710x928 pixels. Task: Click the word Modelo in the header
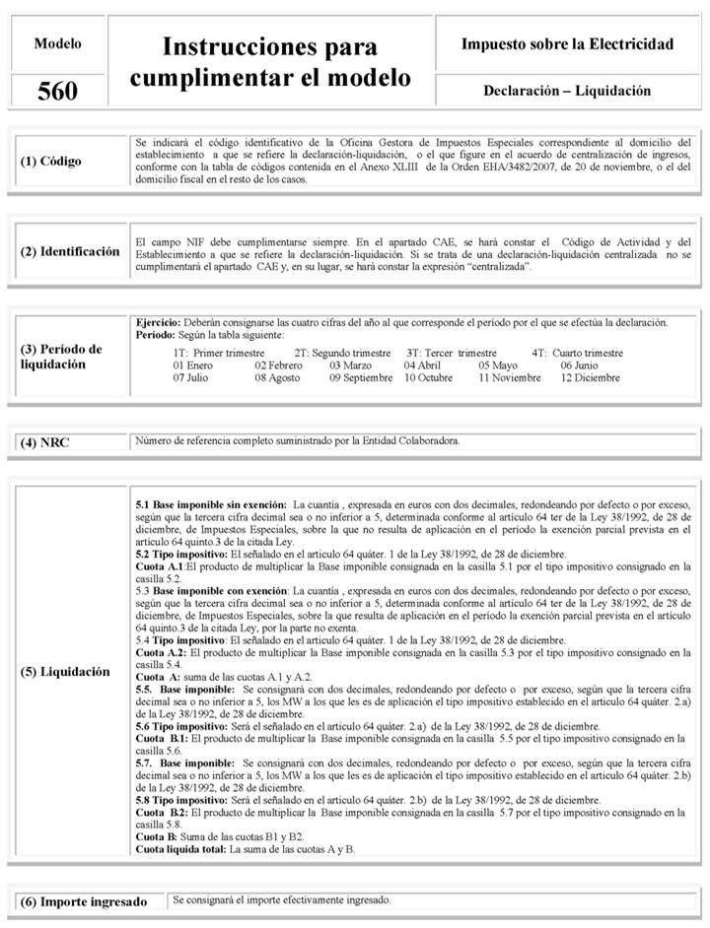click(57, 43)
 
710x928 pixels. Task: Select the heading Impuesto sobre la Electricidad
click(567, 44)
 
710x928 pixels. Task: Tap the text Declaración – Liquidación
click(567, 91)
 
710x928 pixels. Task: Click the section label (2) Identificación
click(70, 251)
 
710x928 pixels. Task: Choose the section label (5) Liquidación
click(65, 672)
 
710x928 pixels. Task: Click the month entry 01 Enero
click(193, 365)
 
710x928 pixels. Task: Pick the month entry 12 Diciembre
click(591, 378)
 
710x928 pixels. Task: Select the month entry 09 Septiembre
click(361, 378)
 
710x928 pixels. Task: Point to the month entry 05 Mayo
click(498, 365)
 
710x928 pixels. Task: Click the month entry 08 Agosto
click(277, 378)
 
